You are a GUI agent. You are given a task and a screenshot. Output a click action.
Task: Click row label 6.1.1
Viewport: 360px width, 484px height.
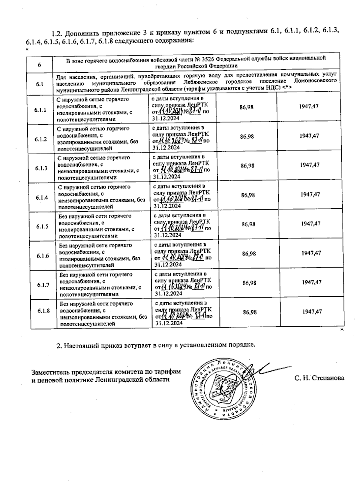(40, 110)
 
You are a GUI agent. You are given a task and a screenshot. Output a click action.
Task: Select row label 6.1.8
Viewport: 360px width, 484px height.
(44, 311)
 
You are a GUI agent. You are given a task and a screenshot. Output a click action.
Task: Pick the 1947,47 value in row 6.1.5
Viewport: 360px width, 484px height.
(310, 224)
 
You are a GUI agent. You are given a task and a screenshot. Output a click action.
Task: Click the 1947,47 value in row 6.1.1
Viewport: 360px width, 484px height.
(309, 106)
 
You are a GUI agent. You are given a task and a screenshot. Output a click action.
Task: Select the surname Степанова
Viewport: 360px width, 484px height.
(328, 378)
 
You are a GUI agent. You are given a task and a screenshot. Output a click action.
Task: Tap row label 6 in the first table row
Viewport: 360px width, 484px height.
(39, 64)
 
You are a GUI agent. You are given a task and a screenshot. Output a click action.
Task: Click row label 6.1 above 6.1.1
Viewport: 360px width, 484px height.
(40, 84)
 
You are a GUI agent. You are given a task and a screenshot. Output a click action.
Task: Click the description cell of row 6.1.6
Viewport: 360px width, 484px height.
(102, 256)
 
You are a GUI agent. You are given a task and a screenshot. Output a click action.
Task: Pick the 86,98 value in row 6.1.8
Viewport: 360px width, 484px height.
(250, 312)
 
